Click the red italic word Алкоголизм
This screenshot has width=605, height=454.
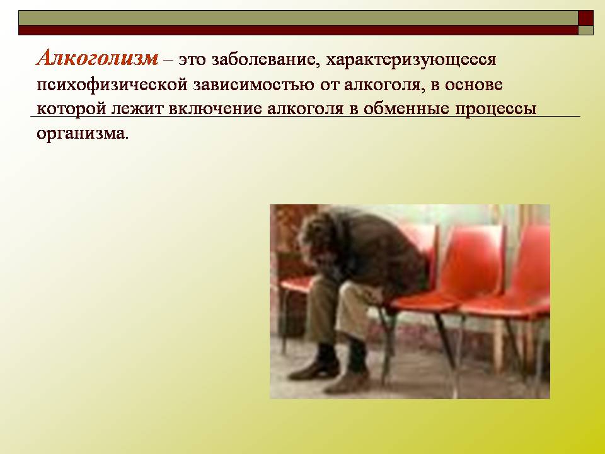(x=97, y=59)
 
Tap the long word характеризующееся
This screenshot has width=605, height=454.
(x=411, y=61)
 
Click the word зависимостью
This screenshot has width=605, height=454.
(x=253, y=85)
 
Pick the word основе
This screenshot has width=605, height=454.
(x=473, y=84)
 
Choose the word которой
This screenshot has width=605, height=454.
(x=71, y=109)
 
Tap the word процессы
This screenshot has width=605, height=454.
(x=495, y=110)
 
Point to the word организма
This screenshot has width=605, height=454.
(x=81, y=134)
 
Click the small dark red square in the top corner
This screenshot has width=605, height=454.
(x=585, y=18)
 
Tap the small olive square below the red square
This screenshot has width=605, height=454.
(x=585, y=30)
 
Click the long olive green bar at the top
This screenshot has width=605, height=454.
(x=298, y=18)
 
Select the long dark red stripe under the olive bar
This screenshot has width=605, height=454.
(x=298, y=30)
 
